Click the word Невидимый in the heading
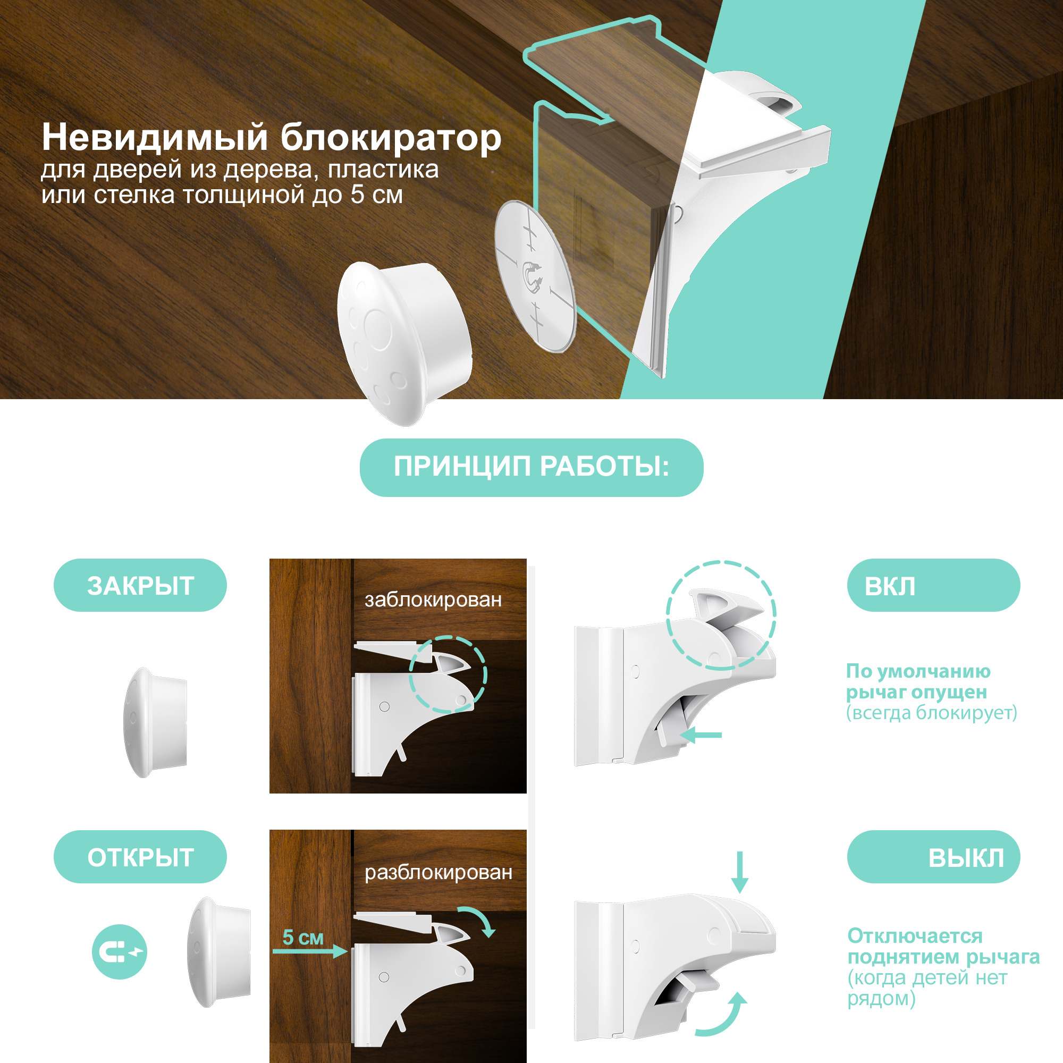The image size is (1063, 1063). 155,137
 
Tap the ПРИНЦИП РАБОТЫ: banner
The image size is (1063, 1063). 531,467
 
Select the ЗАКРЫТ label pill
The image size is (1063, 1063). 140,585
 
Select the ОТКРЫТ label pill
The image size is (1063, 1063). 140,857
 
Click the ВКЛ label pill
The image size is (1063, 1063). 934,585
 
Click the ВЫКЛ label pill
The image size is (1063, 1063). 934,857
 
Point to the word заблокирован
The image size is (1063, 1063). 433,599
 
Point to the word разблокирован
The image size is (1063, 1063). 438,872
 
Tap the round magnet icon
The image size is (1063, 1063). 120,951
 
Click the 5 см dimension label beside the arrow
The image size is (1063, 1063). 302,937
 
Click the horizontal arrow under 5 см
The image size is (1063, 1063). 310,951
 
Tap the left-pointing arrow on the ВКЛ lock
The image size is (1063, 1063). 701,735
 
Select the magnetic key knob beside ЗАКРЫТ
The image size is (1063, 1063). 155,722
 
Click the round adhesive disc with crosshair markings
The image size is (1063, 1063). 534,276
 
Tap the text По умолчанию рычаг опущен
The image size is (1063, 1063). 918,681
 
